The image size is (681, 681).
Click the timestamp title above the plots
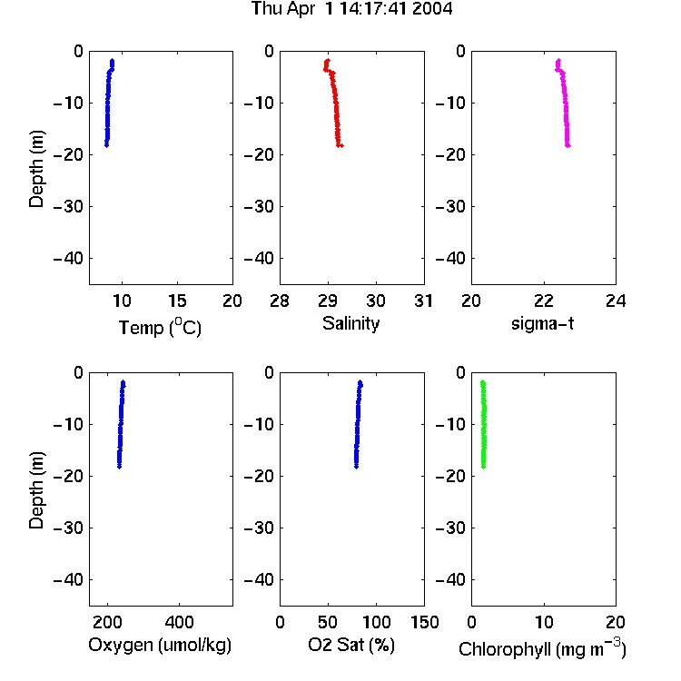click(351, 8)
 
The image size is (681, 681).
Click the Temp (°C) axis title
click(160, 328)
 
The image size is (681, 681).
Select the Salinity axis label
click(350, 324)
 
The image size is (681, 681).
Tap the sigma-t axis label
click(542, 323)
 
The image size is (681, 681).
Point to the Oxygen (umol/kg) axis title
click(160, 645)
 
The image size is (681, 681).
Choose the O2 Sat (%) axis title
click(351, 645)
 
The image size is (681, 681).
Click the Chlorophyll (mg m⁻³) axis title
click(542, 647)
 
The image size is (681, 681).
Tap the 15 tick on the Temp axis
click(177, 301)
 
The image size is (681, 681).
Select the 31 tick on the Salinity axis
click(423, 301)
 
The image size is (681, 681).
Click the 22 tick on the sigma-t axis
click(544, 301)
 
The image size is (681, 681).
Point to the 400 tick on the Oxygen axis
click(179, 622)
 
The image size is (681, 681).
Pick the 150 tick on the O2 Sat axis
click(424, 622)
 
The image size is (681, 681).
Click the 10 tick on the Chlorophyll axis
click(544, 622)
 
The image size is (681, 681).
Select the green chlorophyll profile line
click(483, 424)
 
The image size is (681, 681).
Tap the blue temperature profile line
click(108, 104)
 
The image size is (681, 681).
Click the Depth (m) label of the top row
click(36, 169)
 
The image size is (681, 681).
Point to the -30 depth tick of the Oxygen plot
click(68, 528)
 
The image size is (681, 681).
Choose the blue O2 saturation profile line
click(358, 424)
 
